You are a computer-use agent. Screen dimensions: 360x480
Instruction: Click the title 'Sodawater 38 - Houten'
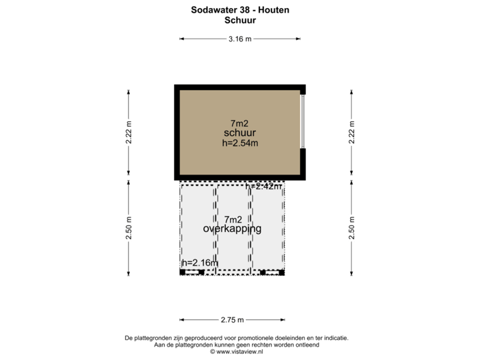pyautogui.click(x=240, y=11)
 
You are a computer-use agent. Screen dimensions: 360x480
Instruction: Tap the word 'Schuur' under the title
pyautogui.click(x=240, y=21)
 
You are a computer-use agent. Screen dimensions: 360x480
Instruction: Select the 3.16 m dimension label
pyautogui.click(x=240, y=39)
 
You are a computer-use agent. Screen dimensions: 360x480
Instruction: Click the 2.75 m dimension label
pyautogui.click(x=232, y=321)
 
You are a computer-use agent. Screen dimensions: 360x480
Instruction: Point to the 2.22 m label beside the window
pyautogui.click(x=351, y=132)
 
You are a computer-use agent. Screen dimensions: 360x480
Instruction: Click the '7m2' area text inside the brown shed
pyautogui.click(x=239, y=123)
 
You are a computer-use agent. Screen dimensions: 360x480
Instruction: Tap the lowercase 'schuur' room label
pyautogui.click(x=240, y=133)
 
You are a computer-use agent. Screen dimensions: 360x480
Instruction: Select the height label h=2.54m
pyautogui.click(x=240, y=143)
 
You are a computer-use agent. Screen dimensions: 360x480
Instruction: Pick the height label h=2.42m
pyautogui.click(x=263, y=187)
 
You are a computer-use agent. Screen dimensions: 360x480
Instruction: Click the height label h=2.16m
pyautogui.click(x=199, y=263)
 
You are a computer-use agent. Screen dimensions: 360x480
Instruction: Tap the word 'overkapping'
pyautogui.click(x=232, y=229)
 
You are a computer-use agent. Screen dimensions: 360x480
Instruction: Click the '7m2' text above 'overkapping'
pyautogui.click(x=233, y=219)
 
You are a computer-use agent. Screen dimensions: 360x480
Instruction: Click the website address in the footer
pyautogui.click(x=240, y=351)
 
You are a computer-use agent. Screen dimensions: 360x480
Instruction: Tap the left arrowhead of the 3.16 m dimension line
pyautogui.click(x=181, y=39)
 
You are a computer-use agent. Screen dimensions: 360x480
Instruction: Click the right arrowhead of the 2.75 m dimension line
pyautogui.click(x=284, y=321)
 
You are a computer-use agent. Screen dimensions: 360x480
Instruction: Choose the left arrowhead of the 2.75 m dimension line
pyautogui.click(x=181, y=321)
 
